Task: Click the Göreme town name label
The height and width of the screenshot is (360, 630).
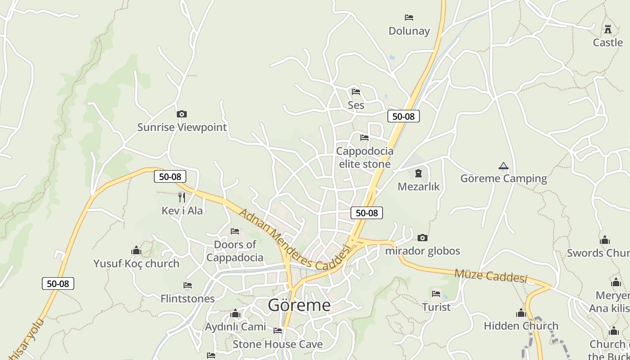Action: [299, 306]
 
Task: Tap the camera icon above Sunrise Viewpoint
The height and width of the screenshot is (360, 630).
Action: [182, 114]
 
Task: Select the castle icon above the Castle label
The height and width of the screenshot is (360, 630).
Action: [608, 30]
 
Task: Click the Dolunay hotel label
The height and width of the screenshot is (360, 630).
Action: [409, 31]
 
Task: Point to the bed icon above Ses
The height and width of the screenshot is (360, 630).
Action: [356, 92]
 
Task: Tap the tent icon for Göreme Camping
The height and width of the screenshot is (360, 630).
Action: [504, 166]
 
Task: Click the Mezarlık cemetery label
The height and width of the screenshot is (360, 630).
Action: [418, 186]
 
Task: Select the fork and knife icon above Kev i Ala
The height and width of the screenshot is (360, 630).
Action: [182, 197]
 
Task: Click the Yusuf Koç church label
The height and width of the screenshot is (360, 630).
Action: [136, 264]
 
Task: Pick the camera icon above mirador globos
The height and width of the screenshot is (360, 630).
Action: [422, 238]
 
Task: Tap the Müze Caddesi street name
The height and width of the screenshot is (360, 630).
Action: [490, 275]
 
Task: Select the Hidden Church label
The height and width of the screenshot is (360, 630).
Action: [521, 326]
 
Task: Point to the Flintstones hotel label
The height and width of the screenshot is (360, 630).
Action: [188, 298]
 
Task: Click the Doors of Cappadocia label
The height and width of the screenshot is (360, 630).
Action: [235, 251]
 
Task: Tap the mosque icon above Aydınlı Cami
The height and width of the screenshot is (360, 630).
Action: [235, 314]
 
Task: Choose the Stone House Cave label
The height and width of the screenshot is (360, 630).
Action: [278, 344]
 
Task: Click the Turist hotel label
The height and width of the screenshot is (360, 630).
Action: [436, 307]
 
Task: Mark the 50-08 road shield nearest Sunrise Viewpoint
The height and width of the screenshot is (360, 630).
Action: [170, 177]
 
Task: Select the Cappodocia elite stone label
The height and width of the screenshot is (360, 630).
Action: [364, 157]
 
